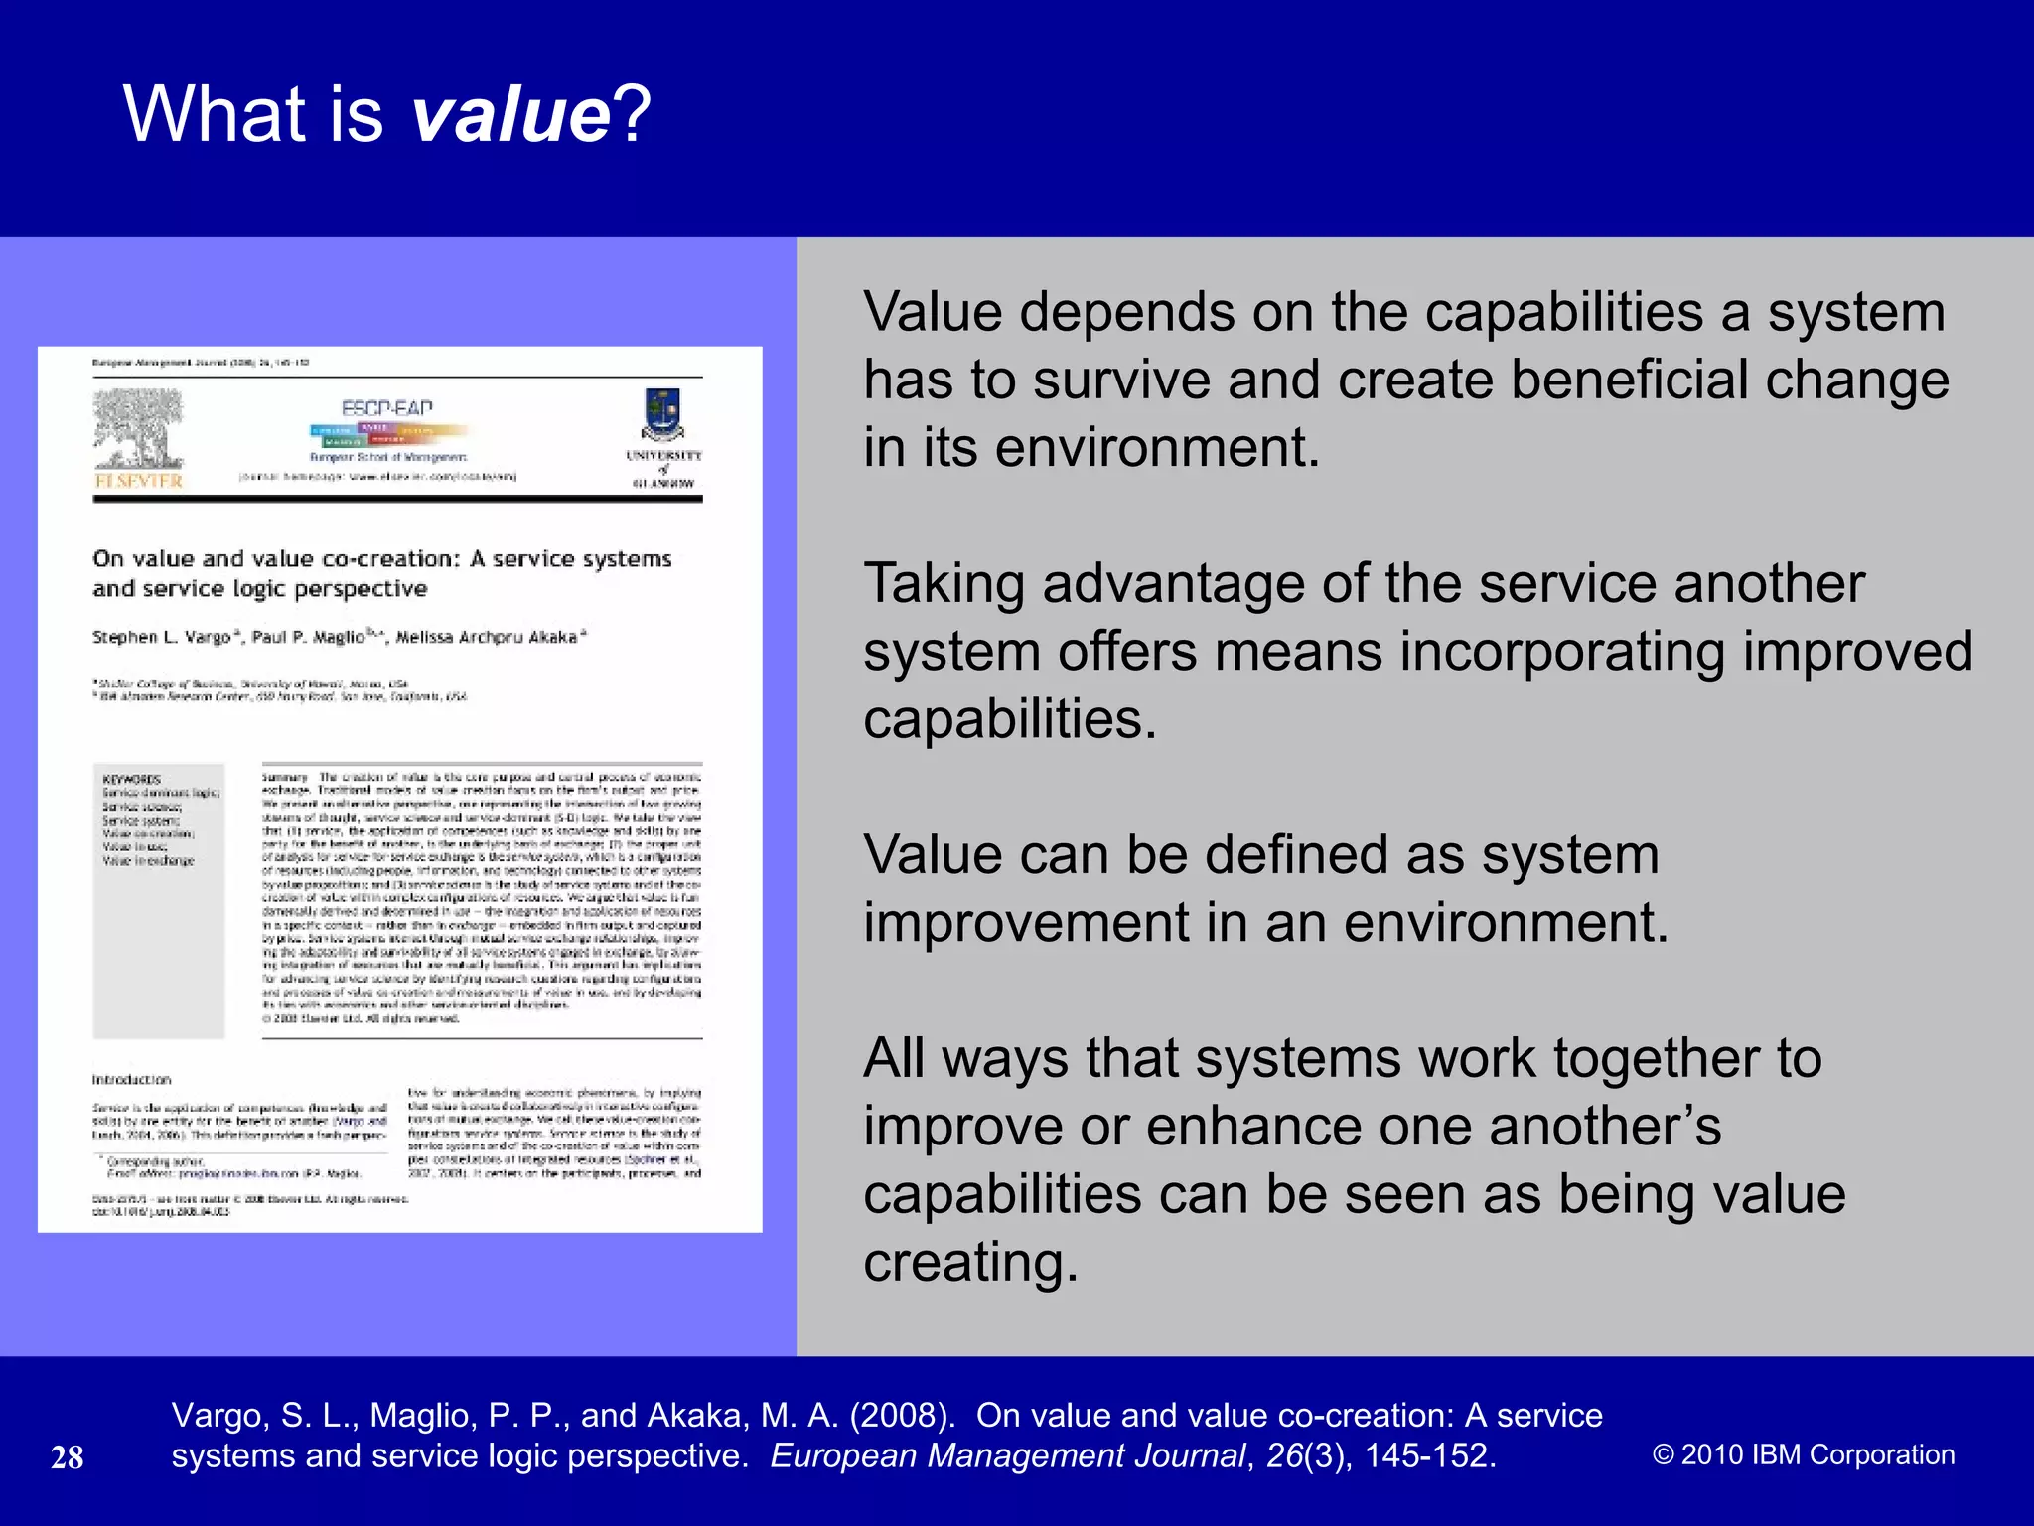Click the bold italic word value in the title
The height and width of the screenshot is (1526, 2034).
[x=510, y=114]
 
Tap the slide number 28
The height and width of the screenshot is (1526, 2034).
[x=67, y=1457]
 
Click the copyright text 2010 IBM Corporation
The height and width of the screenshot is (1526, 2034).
[x=1804, y=1454]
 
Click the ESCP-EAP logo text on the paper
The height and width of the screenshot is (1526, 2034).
[x=387, y=408]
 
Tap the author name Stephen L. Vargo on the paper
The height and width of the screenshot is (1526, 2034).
[x=162, y=637]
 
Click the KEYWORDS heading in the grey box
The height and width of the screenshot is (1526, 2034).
[x=131, y=780]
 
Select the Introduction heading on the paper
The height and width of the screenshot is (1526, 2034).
[x=131, y=1080]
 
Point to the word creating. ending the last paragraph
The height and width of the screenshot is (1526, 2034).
[x=970, y=1263]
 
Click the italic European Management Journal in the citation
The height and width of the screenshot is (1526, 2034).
[x=1007, y=1455]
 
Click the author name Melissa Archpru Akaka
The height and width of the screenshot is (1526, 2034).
[x=487, y=637]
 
